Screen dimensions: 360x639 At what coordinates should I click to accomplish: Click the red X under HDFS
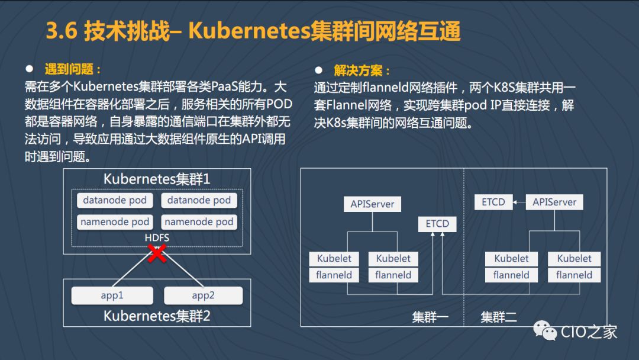pyautogui.click(x=157, y=255)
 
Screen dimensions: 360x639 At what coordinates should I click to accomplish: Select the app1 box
pyautogui.click(x=112, y=295)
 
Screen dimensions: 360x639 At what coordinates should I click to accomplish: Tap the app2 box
pyautogui.click(x=203, y=295)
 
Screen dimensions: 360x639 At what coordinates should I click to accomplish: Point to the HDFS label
pyautogui.click(x=157, y=237)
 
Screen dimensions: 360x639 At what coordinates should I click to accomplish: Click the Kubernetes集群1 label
pyautogui.click(x=157, y=179)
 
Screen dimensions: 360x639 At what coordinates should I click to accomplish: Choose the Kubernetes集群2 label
pyautogui.click(x=157, y=316)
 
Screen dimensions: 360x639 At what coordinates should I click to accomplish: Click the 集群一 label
pyautogui.click(x=430, y=317)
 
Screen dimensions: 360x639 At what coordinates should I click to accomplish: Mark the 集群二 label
pyautogui.click(x=499, y=317)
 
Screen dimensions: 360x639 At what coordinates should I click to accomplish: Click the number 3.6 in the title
pyautogui.click(x=62, y=31)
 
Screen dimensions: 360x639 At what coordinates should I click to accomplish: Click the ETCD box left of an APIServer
pyautogui.click(x=493, y=202)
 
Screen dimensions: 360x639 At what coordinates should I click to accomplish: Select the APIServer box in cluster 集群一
pyautogui.click(x=372, y=204)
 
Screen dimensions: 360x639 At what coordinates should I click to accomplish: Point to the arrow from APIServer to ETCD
pyautogui.click(x=519, y=202)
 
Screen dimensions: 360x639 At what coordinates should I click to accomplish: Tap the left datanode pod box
pyautogui.click(x=115, y=200)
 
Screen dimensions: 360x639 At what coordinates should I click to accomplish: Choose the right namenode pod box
pyautogui.click(x=199, y=222)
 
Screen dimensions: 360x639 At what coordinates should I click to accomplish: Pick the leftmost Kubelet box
pyautogui.click(x=334, y=258)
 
